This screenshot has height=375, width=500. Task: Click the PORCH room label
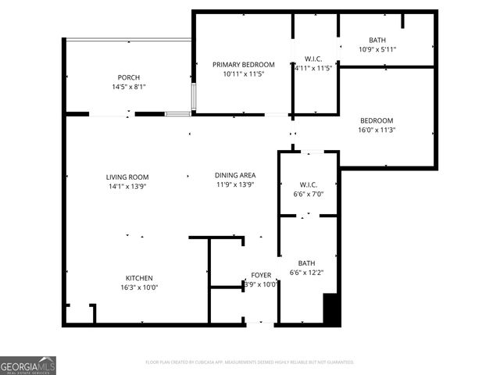tap(128, 77)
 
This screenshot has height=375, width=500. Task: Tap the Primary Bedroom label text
tap(244, 64)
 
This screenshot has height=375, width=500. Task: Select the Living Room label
tap(127, 177)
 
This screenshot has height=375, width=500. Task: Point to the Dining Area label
tap(236, 175)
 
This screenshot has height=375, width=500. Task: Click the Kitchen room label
tap(139, 278)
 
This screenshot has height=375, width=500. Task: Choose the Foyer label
tap(261, 275)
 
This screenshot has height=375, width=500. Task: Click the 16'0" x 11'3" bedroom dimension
tap(377, 130)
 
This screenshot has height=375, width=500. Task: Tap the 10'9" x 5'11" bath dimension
tap(377, 49)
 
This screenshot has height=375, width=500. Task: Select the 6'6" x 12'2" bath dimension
tap(306, 272)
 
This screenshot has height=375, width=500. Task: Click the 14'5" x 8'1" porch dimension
tap(128, 87)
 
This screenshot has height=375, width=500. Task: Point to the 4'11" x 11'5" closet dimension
tap(313, 68)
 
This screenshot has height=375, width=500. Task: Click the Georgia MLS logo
tap(28, 366)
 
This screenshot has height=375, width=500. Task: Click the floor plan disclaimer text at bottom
tap(250, 362)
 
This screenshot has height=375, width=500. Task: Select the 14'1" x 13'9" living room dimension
tap(127, 186)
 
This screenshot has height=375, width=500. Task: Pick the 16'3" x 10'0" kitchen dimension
tap(139, 287)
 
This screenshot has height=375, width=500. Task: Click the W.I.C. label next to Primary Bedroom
tap(313, 59)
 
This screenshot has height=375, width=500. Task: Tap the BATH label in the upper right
tap(377, 40)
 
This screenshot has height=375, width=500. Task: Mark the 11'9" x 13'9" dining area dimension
tap(236, 184)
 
